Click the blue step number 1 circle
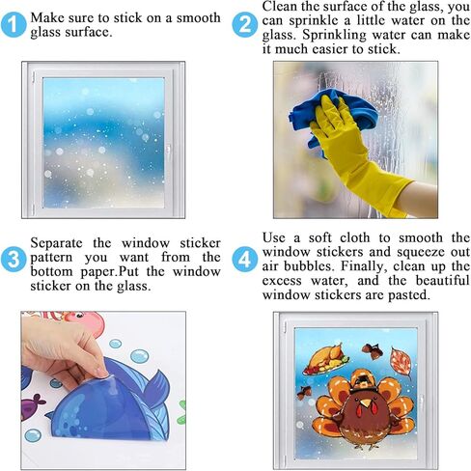coord(14,24)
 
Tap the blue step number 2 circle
coord(245,24)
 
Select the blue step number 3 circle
coord(14,260)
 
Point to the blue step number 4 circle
coord(245,260)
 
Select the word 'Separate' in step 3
coord(56,243)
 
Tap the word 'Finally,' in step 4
coord(363,266)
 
